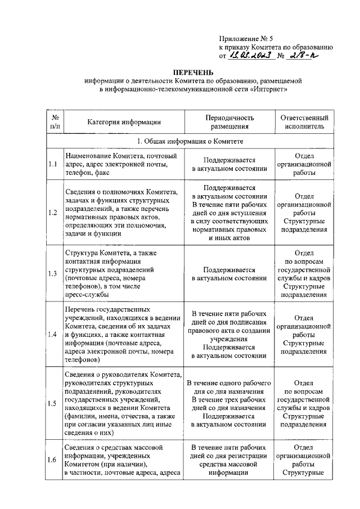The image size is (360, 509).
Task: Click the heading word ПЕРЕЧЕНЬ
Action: (x=193, y=73)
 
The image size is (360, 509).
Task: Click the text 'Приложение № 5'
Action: (x=245, y=38)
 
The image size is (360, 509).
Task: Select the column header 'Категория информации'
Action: (x=124, y=122)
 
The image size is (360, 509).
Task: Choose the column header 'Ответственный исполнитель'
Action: (x=304, y=122)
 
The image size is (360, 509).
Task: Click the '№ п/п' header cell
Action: (x=55, y=122)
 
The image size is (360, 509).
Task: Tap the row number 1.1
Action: (x=53, y=164)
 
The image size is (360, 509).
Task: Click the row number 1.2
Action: (x=53, y=213)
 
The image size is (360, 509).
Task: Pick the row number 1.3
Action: (x=53, y=274)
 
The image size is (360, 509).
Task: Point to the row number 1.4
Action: (x=53, y=335)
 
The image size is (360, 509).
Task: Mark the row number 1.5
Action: (x=53, y=403)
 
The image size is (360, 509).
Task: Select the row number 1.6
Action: (x=53, y=460)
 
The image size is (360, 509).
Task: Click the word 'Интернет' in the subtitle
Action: (x=269, y=89)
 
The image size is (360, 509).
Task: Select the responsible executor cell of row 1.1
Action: (x=304, y=165)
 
